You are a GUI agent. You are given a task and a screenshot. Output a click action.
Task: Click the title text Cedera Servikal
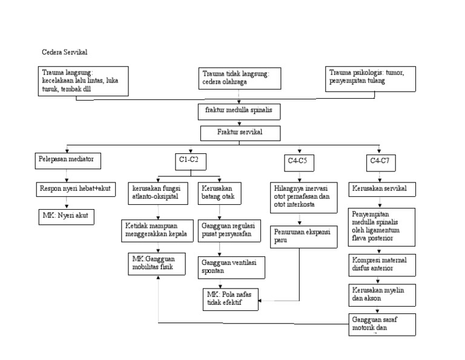pyautogui.click(x=68, y=52)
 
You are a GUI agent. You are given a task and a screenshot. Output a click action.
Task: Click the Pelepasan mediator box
pyautogui.click(x=66, y=160)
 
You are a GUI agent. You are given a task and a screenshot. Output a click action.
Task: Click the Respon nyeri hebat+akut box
pyautogui.click(x=76, y=188)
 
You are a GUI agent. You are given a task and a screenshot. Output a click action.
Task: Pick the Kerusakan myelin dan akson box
pyautogui.click(x=381, y=294)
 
